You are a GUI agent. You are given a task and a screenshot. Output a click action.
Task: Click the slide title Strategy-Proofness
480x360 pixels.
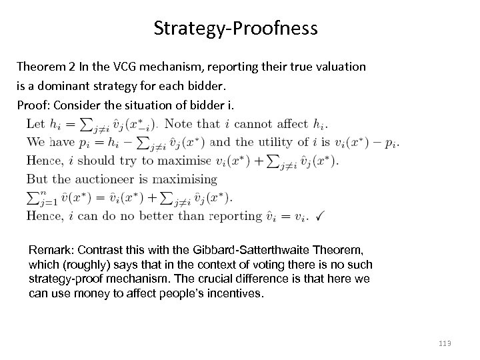[x=235, y=29]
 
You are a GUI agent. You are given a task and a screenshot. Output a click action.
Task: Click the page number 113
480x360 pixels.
[x=445, y=343]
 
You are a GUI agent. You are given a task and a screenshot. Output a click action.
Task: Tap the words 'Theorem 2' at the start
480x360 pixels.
[x=44, y=67]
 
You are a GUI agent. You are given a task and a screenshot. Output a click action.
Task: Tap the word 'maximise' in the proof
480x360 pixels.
[x=184, y=160]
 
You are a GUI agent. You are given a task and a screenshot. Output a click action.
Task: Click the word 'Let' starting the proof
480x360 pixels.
[x=35, y=123]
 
